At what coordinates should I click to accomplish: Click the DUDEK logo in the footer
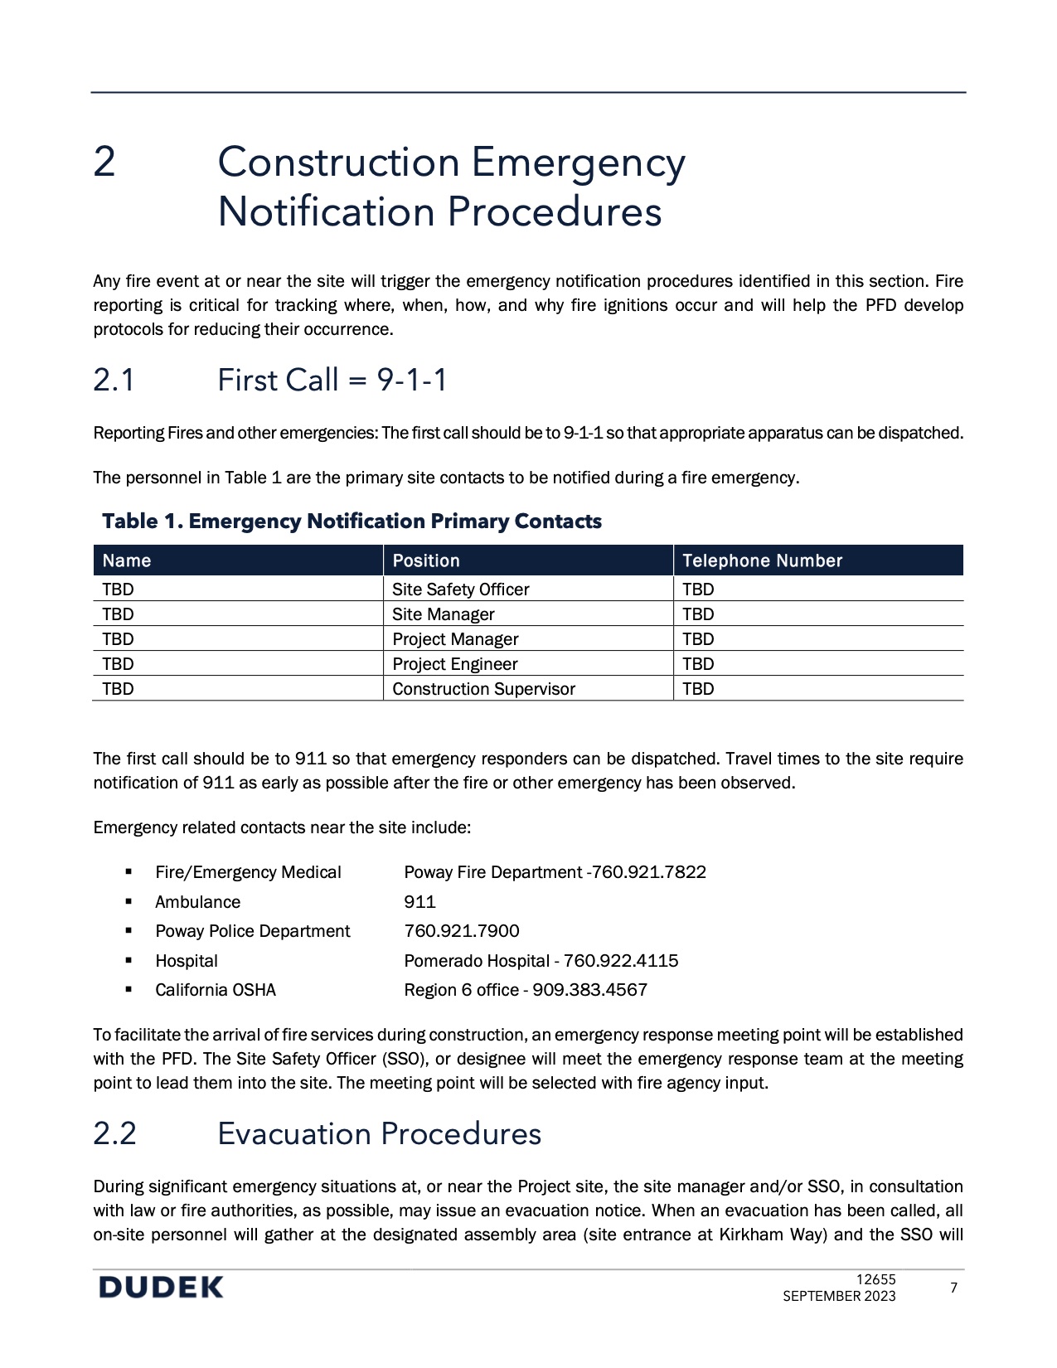[161, 1288]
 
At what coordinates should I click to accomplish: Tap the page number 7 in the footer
[953, 1288]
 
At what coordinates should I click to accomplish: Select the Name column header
[127, 560]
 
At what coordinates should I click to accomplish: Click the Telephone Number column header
[762, 560]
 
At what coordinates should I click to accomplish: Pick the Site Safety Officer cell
[460, 589]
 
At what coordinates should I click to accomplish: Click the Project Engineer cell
[454, 664]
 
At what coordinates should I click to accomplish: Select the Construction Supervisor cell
[483, 689]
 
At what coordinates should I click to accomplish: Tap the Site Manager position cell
[443, 614]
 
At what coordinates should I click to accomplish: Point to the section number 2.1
[114, 381]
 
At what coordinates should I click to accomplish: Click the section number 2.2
[114, 1133]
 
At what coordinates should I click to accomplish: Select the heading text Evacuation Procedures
[379, 1133]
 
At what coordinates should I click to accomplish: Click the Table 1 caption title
[352, 521]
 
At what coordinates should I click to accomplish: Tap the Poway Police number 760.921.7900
[462, 931]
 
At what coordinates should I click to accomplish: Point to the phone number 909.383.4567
[589, 990]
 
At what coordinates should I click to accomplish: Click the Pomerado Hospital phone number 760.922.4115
[621, 961]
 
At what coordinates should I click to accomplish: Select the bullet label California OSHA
[216, 990]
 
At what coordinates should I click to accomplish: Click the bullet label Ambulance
[197, 902]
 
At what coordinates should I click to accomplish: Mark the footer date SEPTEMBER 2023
[839, 1296]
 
